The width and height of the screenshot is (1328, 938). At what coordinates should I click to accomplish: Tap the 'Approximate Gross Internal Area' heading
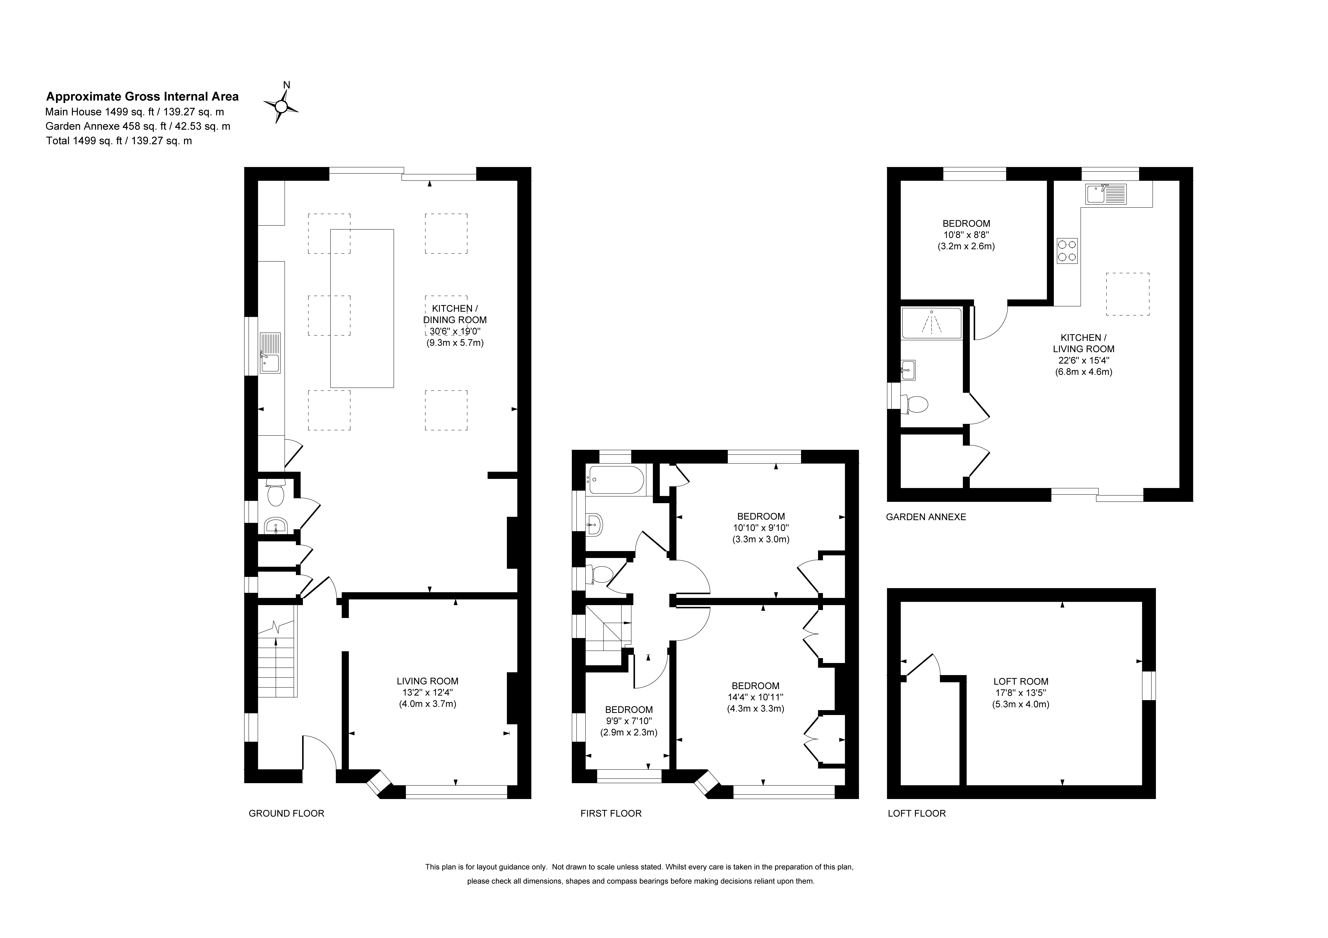(142, 97)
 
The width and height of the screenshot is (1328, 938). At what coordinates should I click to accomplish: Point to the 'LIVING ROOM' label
(427, 681)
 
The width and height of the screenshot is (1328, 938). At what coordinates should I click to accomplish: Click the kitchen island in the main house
(362, 308)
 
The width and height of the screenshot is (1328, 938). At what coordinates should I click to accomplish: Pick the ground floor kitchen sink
(270, 353)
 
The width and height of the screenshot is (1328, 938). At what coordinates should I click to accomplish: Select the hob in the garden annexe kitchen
(1067, 250)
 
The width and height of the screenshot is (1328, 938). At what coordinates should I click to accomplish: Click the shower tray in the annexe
(931, 323)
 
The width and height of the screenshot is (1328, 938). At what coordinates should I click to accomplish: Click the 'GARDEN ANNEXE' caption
(926, 517)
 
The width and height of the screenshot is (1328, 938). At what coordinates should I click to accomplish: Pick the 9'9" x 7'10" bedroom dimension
(629, 721)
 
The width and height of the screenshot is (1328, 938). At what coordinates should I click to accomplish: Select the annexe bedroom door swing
(991, 322)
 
